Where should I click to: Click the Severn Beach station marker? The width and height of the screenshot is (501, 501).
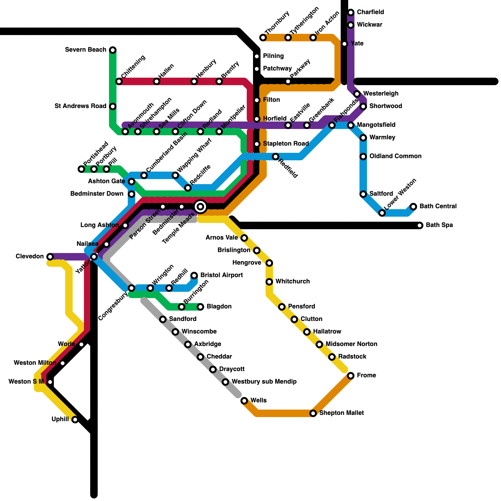[x=113, y=50]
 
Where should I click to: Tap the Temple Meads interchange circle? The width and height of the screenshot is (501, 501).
[x=200, y=207]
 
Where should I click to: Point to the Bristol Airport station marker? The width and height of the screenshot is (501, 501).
[x=194, y=276]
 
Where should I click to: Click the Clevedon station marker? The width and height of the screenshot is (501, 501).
[x=50, y=257]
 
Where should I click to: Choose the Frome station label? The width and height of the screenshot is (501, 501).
[x=366, y=375]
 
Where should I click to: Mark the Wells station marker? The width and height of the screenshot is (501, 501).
[x=244, y=401]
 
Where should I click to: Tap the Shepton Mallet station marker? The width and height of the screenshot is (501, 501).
[x=313, y=413]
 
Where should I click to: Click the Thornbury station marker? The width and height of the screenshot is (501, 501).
[x=263, y=38]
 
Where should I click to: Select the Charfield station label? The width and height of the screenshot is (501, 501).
[x=370, y=12]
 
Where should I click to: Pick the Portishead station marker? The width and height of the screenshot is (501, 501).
[x=81, y=169]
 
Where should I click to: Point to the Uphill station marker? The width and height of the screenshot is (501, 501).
[x=75, y=420]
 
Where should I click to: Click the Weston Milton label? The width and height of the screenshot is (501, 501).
[x=35, y=363]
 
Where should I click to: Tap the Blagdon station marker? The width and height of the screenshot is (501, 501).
[x=200, y=307]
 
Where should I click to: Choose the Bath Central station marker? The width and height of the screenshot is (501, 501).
[x=413, y=207]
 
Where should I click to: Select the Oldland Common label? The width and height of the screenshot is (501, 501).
[x=395, y=156]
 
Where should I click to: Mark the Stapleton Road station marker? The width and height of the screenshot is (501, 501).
[x=257, y=144]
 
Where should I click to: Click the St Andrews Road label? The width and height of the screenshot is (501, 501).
[x=80, y=106]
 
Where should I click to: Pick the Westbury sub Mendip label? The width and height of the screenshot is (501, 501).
[x=264, y=382]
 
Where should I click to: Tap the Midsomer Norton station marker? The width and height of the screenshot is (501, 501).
[x=319, y=344]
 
